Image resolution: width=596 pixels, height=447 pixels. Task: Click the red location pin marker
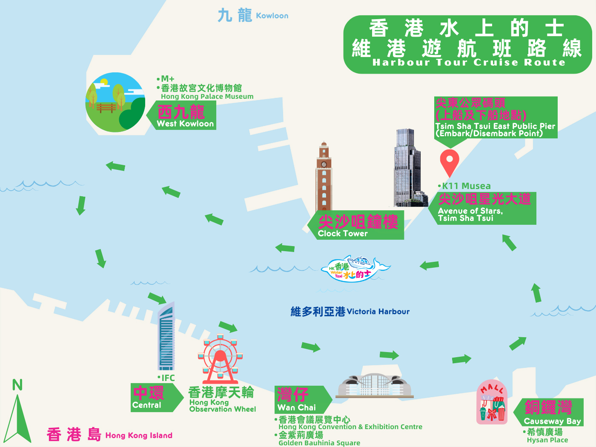449,162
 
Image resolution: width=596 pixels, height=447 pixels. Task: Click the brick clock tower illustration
324,177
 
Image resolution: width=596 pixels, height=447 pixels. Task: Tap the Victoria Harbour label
350,312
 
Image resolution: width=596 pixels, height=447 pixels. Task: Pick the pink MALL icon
492,402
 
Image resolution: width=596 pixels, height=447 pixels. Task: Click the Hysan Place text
547,440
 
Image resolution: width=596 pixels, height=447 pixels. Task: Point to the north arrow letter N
17,385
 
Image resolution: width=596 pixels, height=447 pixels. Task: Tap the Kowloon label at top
253,16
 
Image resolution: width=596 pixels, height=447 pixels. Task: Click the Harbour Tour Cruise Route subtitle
468,63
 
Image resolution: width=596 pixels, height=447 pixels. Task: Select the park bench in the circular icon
106,108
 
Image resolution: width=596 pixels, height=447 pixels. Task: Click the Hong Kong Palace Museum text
207,97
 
